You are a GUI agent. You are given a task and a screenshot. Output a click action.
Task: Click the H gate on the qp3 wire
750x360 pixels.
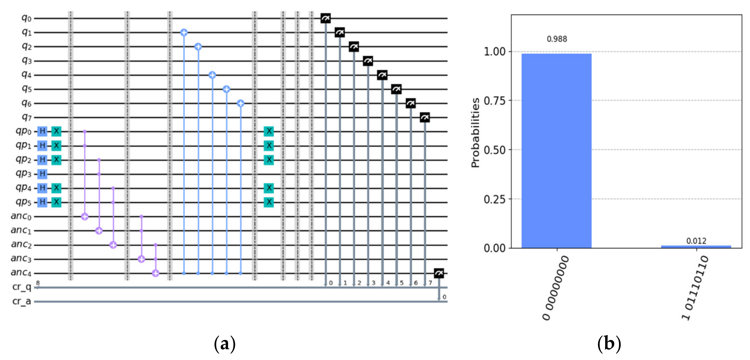[43, 174]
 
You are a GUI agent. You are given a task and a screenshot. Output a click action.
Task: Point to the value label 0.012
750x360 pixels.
[696, 241]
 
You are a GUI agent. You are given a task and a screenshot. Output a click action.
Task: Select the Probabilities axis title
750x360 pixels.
[475, 133]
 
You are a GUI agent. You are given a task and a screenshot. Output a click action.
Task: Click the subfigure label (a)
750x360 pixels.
[224, 344]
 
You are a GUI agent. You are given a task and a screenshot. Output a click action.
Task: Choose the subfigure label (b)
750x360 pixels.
[609, 344]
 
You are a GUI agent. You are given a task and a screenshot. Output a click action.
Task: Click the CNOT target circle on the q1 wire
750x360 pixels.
[184, 33]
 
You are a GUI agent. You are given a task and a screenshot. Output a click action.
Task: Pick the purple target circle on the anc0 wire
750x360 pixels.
[85, 217]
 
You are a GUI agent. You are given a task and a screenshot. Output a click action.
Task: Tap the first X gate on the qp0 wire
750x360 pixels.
[56, 131]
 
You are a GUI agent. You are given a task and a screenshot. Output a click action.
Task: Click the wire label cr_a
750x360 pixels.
[22, 301]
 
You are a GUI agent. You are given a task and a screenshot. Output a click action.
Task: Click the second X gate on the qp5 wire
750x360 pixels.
[269, 202]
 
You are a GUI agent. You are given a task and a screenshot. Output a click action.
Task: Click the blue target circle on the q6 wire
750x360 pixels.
[240, 103]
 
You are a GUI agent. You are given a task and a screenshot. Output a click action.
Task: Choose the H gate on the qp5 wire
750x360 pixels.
[43, 202]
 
